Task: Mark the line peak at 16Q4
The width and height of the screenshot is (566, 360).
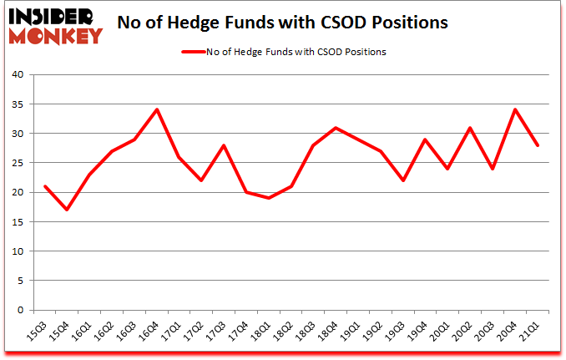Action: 157,109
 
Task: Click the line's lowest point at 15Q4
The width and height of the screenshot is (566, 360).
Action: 67,209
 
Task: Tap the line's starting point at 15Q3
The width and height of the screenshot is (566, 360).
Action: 44,185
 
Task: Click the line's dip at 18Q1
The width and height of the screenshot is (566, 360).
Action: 269,198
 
